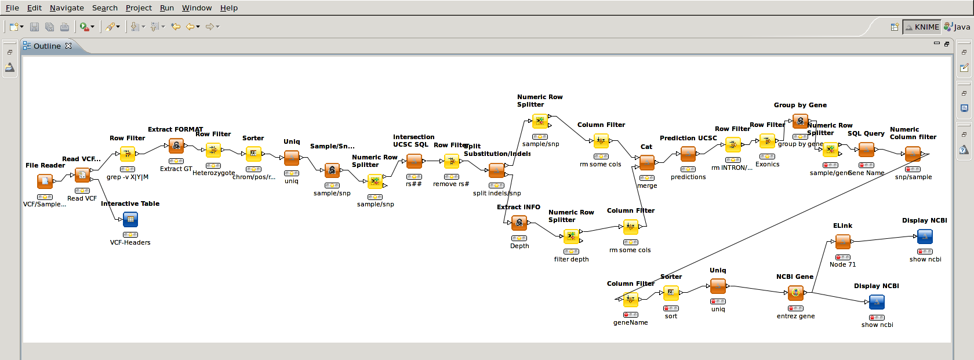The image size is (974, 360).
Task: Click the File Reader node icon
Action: coord(45,181)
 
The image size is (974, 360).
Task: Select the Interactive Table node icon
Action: coord(130,220)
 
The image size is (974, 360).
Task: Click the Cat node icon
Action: coord(647,163)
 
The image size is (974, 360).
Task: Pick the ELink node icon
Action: coord(843,242)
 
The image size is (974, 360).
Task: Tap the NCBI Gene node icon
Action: coord(795,293)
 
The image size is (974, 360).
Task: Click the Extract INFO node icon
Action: coord(519,223)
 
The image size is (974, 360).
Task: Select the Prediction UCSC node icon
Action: coord(688,154)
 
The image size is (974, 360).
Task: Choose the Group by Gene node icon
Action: coord(800,121)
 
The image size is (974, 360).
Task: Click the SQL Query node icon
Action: coord(866,150)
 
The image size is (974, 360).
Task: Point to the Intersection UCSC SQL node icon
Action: coord(414,161)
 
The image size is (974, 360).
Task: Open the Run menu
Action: coord(167,8)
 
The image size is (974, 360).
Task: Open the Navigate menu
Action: coord(67,8)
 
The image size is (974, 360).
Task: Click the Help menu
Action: coord(228,8)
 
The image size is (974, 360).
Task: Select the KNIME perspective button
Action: coord(922,27)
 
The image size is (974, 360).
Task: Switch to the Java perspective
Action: coord(957,27)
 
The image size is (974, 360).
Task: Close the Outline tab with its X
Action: coord(68,46)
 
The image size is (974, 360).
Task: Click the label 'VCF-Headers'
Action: coord(130,242)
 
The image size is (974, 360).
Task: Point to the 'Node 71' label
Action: coord(842,264)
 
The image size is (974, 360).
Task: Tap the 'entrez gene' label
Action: coord(795,316)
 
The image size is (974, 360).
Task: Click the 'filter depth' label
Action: coord(571,259)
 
